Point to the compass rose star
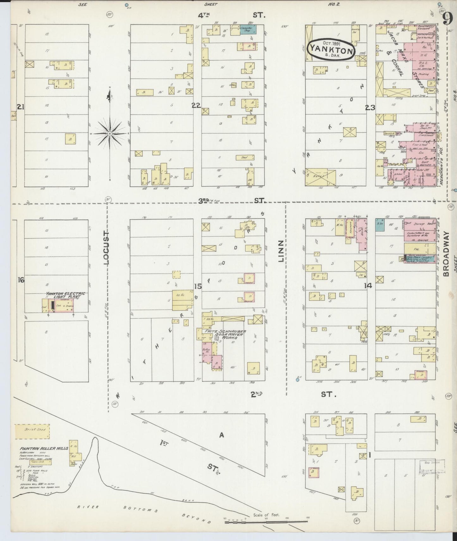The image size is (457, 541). tap(110, 134)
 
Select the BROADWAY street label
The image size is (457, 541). tap(446, 254)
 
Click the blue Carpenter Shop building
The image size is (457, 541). tap(248, 29)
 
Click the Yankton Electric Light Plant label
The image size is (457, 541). tap(65, 295)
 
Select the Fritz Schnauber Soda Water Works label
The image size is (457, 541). tap(225, 334)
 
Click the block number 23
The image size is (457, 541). tap(370, 108)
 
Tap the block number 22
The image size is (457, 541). tap(196, 105)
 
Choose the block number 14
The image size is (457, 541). tap(368, 285)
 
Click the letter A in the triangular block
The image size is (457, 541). tap(221, 435)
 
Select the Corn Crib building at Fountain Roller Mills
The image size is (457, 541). tap(40, 462)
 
